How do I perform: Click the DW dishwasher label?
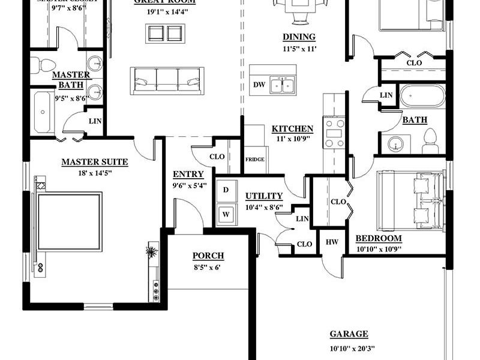[259, 85]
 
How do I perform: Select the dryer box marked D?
[226, 190]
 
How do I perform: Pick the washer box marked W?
[226, 213]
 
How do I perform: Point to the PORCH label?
[208, 256]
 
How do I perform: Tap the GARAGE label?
[349, 334]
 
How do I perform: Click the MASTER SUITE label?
[94, 162]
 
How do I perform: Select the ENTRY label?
[188, 175]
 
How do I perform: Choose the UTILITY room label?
[264, 196]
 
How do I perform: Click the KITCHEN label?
[292, 129]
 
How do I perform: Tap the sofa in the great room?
[167, 80]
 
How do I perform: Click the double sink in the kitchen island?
[281, 85]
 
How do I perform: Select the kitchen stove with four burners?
[334, 133]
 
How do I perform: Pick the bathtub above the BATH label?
[423, 96]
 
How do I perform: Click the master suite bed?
[69, 221]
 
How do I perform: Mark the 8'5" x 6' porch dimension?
[207, 268]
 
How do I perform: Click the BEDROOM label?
[379, 238]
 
